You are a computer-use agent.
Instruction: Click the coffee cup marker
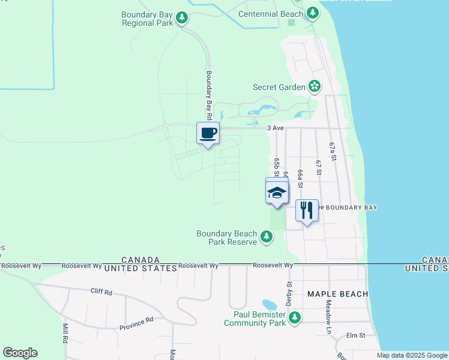pos(208,133)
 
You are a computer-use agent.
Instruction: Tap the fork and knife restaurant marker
pos(307,210)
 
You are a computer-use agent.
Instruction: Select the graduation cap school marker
pos(277,193)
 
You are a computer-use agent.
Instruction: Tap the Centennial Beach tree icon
pos(312,13)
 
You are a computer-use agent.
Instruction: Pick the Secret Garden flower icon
pos(314,87)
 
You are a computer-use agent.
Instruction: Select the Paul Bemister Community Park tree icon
pos(294,318)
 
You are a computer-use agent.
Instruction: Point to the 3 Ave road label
pos(275,127)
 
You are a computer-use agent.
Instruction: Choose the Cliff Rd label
pos(101,292)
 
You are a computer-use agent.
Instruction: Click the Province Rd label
pos(136,323)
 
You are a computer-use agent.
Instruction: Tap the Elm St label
pos(356,335)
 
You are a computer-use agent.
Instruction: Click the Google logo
pos(20,353)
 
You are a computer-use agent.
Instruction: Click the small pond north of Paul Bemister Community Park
pos(270,305)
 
